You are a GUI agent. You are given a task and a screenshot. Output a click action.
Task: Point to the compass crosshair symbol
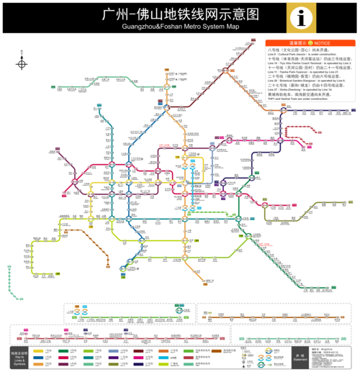22,63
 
